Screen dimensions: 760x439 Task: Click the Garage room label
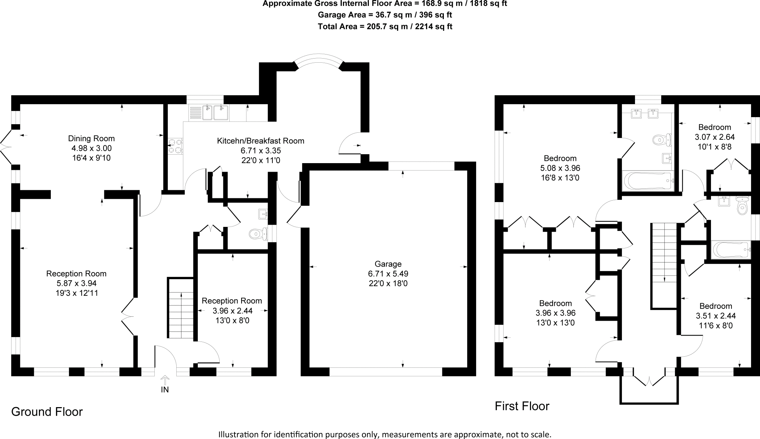[388, 264]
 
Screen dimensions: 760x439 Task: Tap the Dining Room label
[91, 139]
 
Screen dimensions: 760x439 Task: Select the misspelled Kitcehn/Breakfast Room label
[261, 141]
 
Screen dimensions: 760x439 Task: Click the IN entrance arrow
[165, 380]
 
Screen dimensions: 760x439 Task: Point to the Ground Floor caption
[47, 412]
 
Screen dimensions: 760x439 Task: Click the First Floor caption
[522, 406]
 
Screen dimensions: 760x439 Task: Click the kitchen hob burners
[176, 146]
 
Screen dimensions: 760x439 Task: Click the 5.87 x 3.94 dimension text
[76, 283]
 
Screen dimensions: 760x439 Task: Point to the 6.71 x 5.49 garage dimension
[388, 274]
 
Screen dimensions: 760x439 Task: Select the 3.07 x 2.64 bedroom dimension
[715, 137]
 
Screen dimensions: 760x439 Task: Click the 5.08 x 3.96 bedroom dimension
[560, 168]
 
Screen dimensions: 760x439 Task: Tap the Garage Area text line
[385, 15]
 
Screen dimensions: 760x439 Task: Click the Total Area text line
[385, 26]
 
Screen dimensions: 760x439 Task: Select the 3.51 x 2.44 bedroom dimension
[716, 316]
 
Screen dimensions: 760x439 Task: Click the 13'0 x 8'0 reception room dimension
[232, 320]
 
